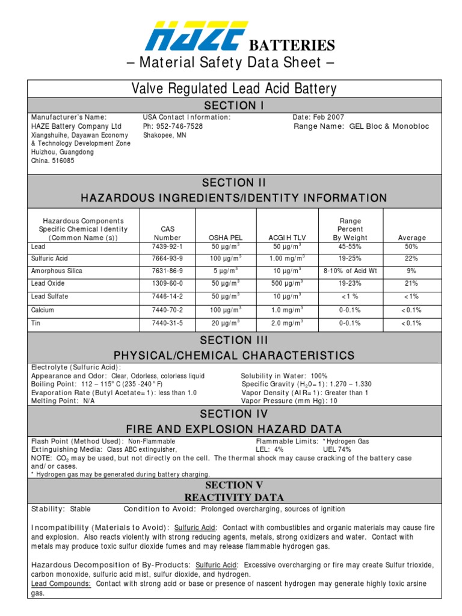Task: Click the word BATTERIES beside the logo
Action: (292, 45)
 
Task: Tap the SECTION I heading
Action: (234, 105)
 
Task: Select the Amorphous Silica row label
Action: (57, 271)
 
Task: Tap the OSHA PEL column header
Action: (225, 238)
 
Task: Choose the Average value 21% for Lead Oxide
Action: (411, 283)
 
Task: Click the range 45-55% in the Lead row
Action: (350, 247)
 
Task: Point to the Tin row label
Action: (36, 323)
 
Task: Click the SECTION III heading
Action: (234, 340)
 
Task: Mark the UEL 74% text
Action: (337, 449)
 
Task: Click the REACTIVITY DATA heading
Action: (234, 497)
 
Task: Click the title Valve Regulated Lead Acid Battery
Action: (234, 89)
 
